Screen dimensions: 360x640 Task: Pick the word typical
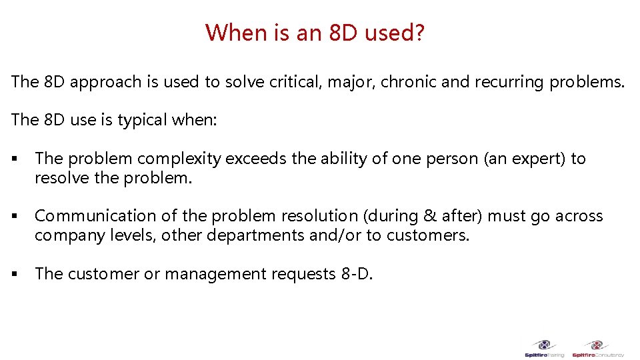coord(142,120)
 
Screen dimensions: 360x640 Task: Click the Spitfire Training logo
coord(545,348)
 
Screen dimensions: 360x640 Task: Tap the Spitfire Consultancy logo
coord(597,348)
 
